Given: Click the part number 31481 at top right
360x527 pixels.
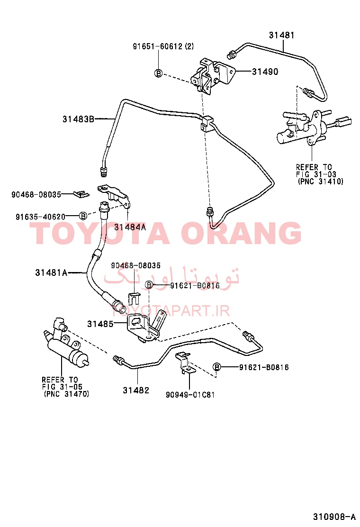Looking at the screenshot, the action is pyautogui.click(x=281, y=35).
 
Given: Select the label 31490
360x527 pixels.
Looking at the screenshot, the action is pyautogui.click(x=265, y=72).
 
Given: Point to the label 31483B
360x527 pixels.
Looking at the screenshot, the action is pyautogui.click(x=78, y=119).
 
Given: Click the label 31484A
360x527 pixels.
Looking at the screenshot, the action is pyautogui.click(x=130, y=227).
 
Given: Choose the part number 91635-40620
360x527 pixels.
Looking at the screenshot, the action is pyautogui.click(x=40, y=217).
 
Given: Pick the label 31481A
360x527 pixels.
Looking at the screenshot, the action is pyautogui.click(x=51, y=273).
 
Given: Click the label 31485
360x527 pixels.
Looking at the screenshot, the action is pyautogui.click(x=100, y=324).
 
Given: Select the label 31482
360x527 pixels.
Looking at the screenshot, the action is pyautogui.click(x=135, y=390).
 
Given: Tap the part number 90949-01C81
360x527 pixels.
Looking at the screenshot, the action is pyautogui.click(x=190, y=395).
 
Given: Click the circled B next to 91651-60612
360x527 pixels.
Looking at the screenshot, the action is pyautogui.click(x=158, y=73).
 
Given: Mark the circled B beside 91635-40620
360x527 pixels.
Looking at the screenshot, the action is pyautogui.click(x=83, y=216).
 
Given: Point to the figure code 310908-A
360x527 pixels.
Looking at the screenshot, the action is pyautogui.click(x=334, y=517).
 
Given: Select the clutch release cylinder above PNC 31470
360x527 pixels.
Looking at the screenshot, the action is pyautogui.click(x=66, y=343).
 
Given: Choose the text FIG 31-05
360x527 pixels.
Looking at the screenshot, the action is pyautogui.click(x=62, y=387).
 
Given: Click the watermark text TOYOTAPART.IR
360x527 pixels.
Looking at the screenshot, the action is pyautogui.click(x=170, y=311).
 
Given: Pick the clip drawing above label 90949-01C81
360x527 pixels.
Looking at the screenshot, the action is pyautogui.click(x=185, y=363).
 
